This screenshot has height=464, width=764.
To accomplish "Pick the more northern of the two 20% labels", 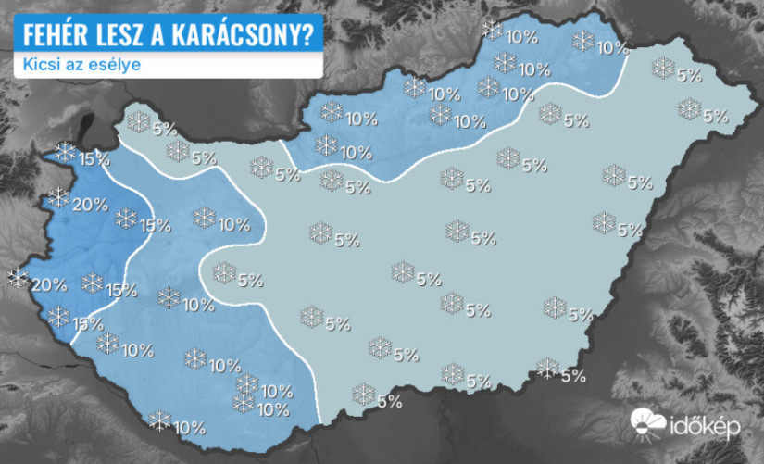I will (x=90, y=206).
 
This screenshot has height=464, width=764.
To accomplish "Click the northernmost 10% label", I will (x=522, y=38).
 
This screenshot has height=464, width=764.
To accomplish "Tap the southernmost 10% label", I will (x=189, y=428).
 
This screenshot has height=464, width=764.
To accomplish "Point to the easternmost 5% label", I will (x=714, y=117).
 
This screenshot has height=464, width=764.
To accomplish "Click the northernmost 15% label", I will (x=94, y=159).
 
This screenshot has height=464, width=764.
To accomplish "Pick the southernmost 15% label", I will (x=88, y=324).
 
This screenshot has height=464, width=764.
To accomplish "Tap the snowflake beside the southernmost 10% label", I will (x=160, y=420).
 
